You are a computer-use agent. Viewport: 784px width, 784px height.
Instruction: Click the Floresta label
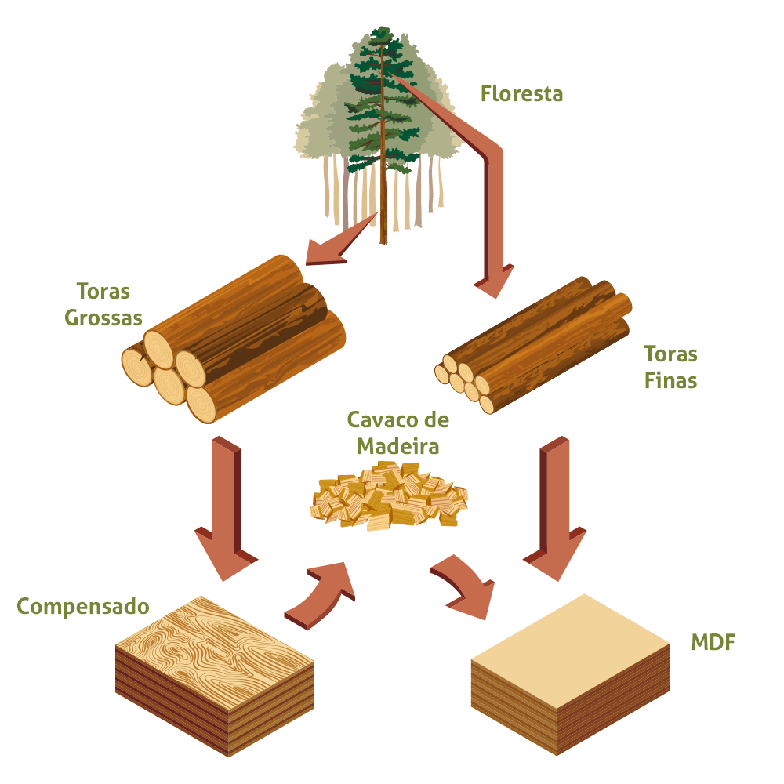[x=521, y=94]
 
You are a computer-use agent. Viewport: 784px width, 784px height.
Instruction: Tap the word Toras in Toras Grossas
[x=103, y=291]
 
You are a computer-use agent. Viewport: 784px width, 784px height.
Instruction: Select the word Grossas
[x=103, y=318]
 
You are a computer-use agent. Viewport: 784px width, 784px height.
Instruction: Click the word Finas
[x=670, y=380]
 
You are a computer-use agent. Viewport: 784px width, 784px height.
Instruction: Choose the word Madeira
[x=398, y=446]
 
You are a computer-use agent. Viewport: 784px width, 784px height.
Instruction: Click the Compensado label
[x=83, y=607]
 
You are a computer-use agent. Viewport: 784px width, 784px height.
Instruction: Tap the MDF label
[x=713, y=643]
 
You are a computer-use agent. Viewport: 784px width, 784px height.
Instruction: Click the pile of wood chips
[x=389, y=496]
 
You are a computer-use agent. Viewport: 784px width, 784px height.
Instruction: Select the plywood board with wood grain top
[x=215, y=676]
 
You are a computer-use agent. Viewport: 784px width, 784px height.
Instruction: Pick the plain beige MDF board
[x=571, y=674]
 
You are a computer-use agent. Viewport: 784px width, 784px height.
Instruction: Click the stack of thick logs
[x=234, y=339]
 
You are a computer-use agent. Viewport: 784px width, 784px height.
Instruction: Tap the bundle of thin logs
[x=533, y=345]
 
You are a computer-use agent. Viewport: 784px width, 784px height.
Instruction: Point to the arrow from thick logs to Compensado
[x=226, y=509]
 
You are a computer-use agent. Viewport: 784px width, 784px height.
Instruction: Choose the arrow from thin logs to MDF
[x=555, y=509]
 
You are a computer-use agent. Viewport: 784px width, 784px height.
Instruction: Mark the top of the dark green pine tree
[x=383, y=29]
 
